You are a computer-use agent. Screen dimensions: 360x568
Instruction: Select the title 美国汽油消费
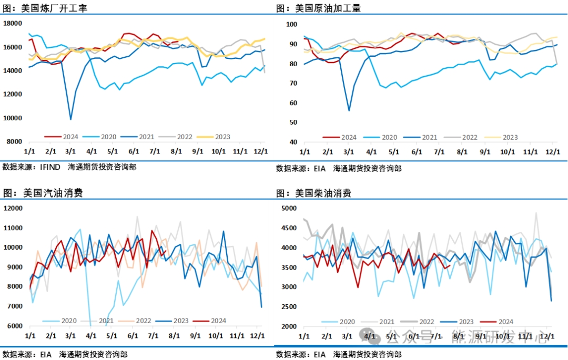click(x=53, y=193)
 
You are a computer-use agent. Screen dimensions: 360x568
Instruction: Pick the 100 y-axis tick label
click(x=291, y=24)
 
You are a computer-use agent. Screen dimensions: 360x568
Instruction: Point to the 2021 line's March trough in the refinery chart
click(x=71, y=119)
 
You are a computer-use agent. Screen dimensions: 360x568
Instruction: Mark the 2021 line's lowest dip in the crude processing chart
click(x=349, y=110)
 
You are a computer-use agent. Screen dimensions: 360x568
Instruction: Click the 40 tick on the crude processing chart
click(x=293, y=142)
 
